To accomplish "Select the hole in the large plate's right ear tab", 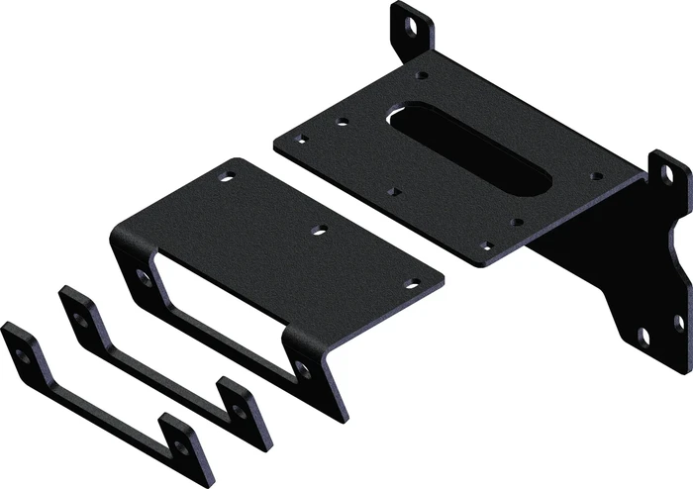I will tap(669, 174).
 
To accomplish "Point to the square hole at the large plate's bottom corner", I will tap(485, 245).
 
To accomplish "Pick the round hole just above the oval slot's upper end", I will tap(423, 74).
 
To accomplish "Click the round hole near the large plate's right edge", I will tap(593, 176).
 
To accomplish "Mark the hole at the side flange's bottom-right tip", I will tap(679, 321).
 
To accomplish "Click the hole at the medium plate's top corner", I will tap(229, 178).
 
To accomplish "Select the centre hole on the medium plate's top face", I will tap(318, 230).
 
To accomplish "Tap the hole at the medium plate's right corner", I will tap(410, 284).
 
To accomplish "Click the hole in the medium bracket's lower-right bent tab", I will tap(303, 370).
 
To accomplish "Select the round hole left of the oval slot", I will tap(343, 122).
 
